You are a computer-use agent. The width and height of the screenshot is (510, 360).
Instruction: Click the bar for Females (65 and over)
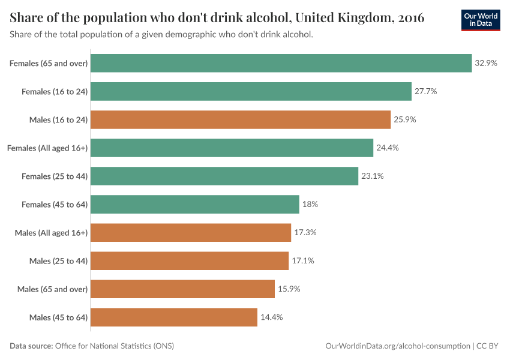coord(281,63)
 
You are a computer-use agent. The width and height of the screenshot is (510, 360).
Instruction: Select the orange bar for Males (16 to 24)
coord(241,119)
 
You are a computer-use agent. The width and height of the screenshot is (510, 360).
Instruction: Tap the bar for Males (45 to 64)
coord(174,317)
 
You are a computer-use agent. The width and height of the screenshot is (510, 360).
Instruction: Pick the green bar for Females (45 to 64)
coord(195,204)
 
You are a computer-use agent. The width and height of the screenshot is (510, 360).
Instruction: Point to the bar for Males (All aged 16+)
coord(191,232)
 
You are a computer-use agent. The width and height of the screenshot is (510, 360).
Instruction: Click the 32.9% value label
coord(486,63)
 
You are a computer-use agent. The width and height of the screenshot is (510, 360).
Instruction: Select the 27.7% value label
coord(425,91)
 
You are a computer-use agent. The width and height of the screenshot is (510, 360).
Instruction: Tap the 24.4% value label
coord(388,148)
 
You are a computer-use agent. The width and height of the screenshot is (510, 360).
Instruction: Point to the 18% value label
coord(310,204)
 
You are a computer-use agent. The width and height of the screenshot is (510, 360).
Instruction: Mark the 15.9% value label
coord(289,289)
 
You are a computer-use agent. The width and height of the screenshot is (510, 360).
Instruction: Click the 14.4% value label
coord(271,317)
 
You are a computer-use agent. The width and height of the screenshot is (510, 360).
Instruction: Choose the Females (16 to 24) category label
coord(55,91)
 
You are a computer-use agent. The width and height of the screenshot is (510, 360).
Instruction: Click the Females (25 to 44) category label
coord(55,176)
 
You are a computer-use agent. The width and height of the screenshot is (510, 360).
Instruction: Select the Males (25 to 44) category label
coord(58,260)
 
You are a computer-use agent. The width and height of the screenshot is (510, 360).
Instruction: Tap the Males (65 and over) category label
coord(53,289)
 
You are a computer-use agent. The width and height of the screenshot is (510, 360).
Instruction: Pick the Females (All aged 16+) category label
coord(47,148)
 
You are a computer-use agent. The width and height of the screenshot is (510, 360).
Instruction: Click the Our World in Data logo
coord(480,20)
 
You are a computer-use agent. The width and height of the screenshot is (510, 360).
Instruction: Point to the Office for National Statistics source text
coord(114,346)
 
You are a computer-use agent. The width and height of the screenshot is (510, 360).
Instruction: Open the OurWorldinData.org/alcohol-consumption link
coord(397,346)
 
